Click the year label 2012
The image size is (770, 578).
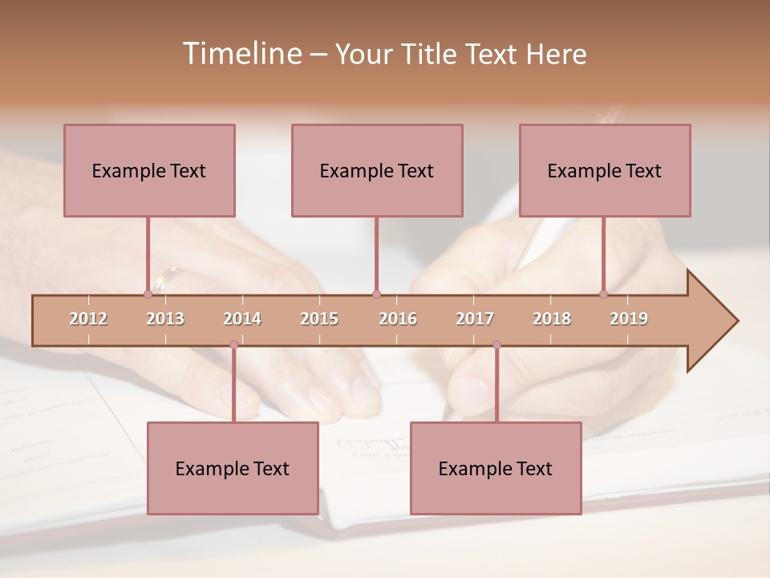click(x=88, y=319)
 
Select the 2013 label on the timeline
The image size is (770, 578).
click(x=165, y=319)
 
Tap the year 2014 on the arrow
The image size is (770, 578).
click(x=242, y=319)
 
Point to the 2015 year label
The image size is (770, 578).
click(x=319, y=319)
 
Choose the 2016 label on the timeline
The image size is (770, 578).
click(x=398, y=319)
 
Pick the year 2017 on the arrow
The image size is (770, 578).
click(x=475, y=319)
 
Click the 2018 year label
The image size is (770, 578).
click(x=552, y=319)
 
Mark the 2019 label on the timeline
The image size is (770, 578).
click(x=629, y=319)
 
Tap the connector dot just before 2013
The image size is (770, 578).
click(x=148, y=295)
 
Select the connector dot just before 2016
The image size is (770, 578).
click(x=376, y=295)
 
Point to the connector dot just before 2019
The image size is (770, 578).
click(x=603, y=295)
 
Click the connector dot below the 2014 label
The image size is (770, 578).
click(x=233, y=345)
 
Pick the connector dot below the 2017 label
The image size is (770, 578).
click(x=496, y=345)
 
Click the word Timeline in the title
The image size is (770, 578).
click(x=241, y=54)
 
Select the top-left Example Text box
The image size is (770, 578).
click(x=149, y=170)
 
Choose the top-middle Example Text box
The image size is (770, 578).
click(x=377, y=170)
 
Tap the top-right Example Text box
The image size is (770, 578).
click(x=605, y=170)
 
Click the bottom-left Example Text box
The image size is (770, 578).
click(x=233, y=468)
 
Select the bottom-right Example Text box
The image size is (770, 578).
click(x=496, y=468)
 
